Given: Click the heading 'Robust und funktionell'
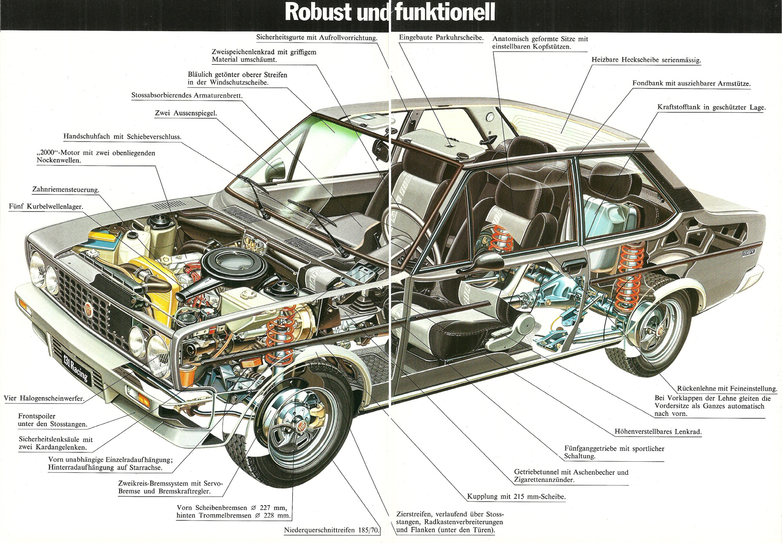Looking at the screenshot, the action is (x=390, y=13).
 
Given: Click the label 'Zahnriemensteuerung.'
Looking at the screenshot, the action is (x=66, y=189).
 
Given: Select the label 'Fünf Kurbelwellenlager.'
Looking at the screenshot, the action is (x=46, y=206).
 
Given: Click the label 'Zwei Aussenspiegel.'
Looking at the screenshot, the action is (x=186, y=113).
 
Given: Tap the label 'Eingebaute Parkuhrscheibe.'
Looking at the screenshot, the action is (x=441, y=37).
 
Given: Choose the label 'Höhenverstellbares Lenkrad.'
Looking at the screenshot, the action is (x=658, y=432).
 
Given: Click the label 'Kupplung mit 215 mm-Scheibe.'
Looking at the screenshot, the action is (x=517, y=496).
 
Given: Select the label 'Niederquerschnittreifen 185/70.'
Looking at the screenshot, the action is (x=332, y=530).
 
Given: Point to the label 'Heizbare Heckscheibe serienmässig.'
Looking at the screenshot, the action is (x=646, y=60).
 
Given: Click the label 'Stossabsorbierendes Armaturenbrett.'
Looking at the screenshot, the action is (x=187, y=95).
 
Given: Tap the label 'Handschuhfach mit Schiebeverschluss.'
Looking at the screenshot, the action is (x=123, y=137).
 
